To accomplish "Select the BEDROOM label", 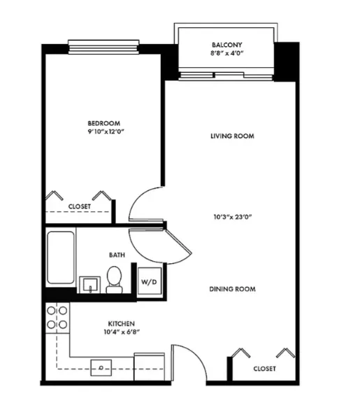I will point(101,122).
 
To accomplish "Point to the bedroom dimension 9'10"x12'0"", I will point(101,131).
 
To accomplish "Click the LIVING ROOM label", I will point(231,136).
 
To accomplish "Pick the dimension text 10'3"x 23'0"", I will point(231,217).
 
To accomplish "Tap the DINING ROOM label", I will point(231,289).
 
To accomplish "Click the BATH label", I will point(117,255).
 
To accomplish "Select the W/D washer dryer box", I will point(149,281).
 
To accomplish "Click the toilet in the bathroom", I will point(115,280).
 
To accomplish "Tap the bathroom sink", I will point(90,284).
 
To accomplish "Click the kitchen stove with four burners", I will point(57,317).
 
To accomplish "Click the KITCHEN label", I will point(121,324).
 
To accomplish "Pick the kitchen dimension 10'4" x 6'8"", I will point(121,333).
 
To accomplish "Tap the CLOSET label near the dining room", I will point(264,368).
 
